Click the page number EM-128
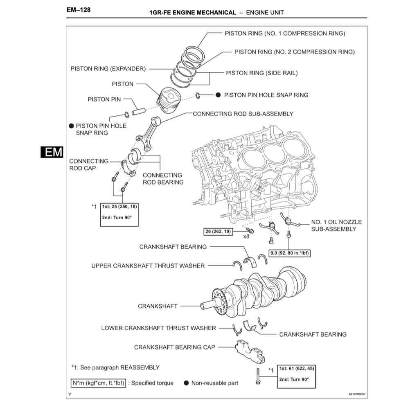coord(78,9)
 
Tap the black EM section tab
coord(52,152)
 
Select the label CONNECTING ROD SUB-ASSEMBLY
coord(243,114)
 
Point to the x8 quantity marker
coord(246,237)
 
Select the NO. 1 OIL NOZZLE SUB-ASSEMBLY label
coord(336,225)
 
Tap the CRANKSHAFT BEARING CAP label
coord(174,347)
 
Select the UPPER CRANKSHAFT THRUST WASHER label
coord(148,266)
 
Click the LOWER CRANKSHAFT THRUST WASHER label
coord(158,328)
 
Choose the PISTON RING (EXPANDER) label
coord(108,69)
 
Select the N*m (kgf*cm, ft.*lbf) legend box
coord(98,383)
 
